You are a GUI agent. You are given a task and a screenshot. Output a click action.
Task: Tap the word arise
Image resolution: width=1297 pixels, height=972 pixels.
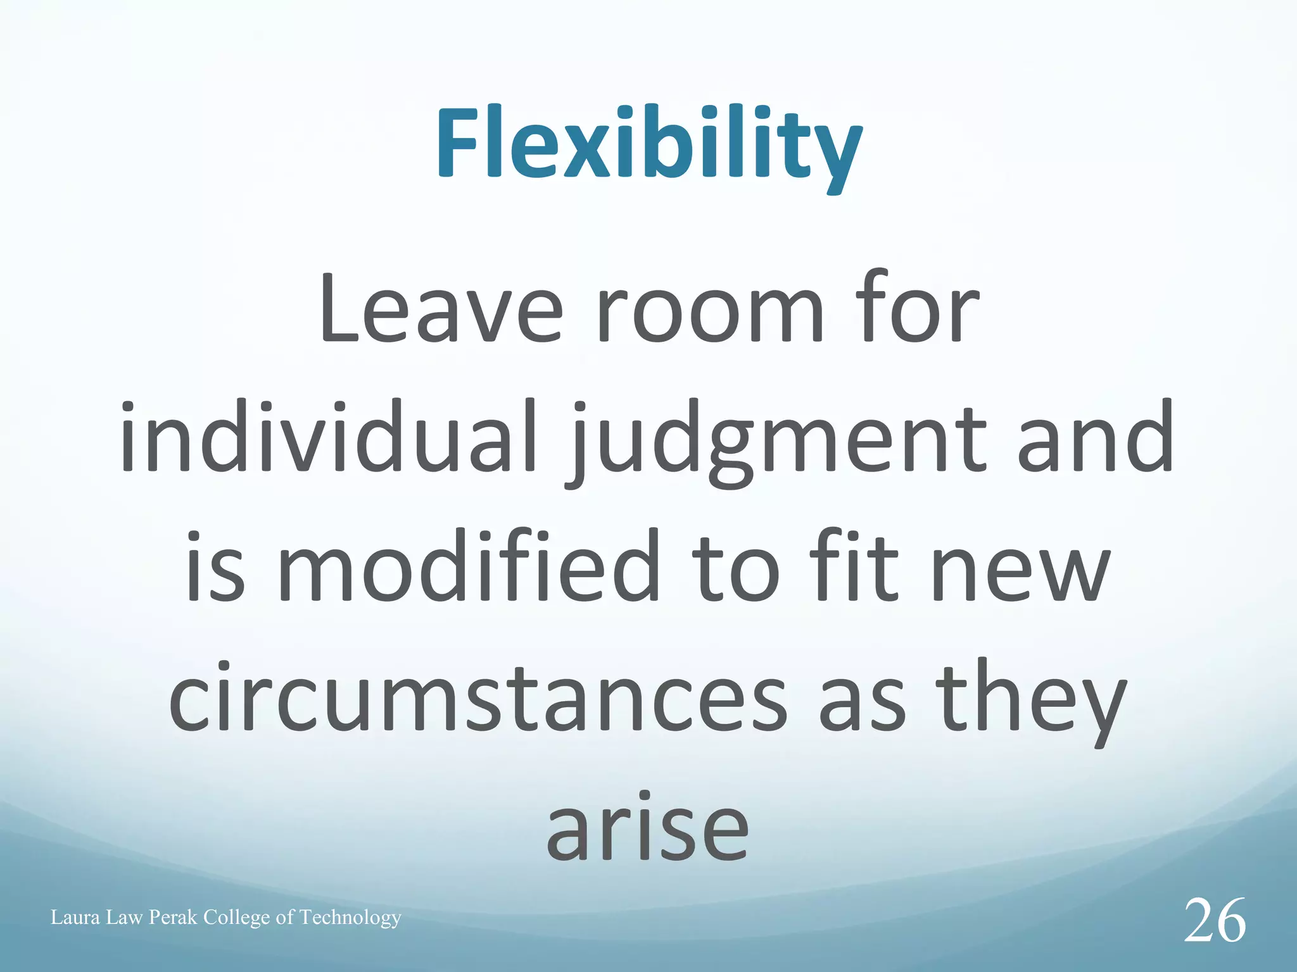[x=647, y=829]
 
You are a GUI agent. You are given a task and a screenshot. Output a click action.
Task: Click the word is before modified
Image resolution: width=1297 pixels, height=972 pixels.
[x=215, y=566]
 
